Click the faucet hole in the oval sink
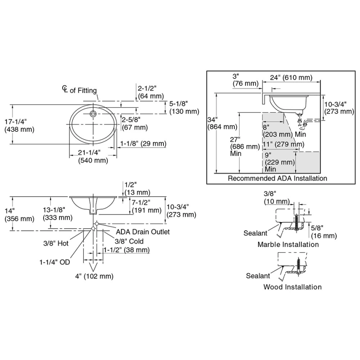[x=93, y=113]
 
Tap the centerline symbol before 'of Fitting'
[x=65, y=89]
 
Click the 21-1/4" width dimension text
[x=89, y=153]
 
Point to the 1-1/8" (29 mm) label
[x=143, y=144]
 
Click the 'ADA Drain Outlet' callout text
[x=143, y=232]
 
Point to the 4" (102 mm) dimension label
[x=94, y=276]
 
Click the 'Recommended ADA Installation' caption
[x=277, y=178]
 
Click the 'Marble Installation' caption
[x=288, y=244]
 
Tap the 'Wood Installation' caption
[x=292, y=287]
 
